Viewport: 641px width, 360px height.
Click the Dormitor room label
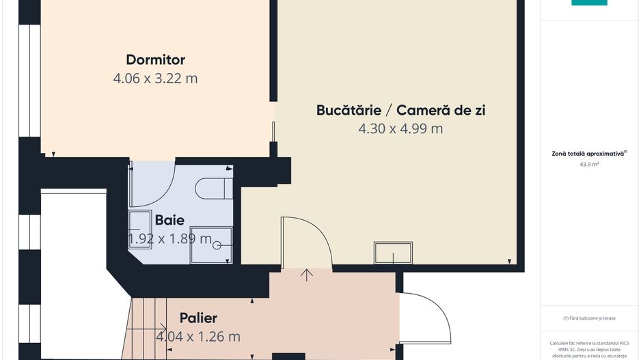pos(155,59)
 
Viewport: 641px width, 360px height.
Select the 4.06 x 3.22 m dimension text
pos(155,78)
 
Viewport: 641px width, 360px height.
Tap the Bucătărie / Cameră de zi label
pos(400,110)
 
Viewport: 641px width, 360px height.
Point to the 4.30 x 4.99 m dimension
pos(400,128)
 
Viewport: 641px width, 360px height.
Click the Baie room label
pos(169,220)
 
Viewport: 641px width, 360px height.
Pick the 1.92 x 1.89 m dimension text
pos(170,238)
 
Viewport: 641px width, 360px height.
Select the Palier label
pos(198,318)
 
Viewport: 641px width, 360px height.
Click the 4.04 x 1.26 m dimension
pos(198,336)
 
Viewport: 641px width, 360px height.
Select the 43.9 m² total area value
pos(589,165)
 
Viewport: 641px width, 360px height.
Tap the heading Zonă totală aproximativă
pos(589,154)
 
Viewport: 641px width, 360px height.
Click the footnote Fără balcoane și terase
pos(589,318)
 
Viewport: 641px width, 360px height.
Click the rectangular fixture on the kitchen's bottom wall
pos(393,253)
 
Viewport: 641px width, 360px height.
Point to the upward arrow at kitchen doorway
pos(308,275)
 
